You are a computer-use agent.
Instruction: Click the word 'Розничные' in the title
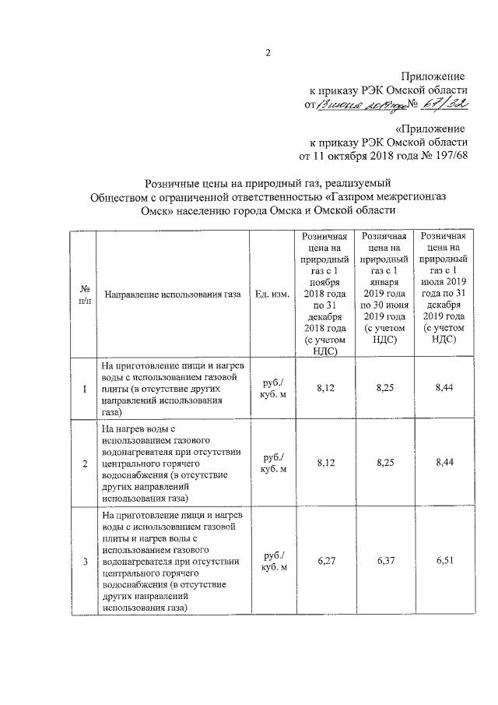[x=173, y=182]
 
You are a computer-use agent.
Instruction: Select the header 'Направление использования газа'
[x=171, y=294]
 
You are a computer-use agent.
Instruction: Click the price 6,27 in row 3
[x=325, y=561]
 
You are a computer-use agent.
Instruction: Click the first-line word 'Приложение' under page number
[x=433, y=77]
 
